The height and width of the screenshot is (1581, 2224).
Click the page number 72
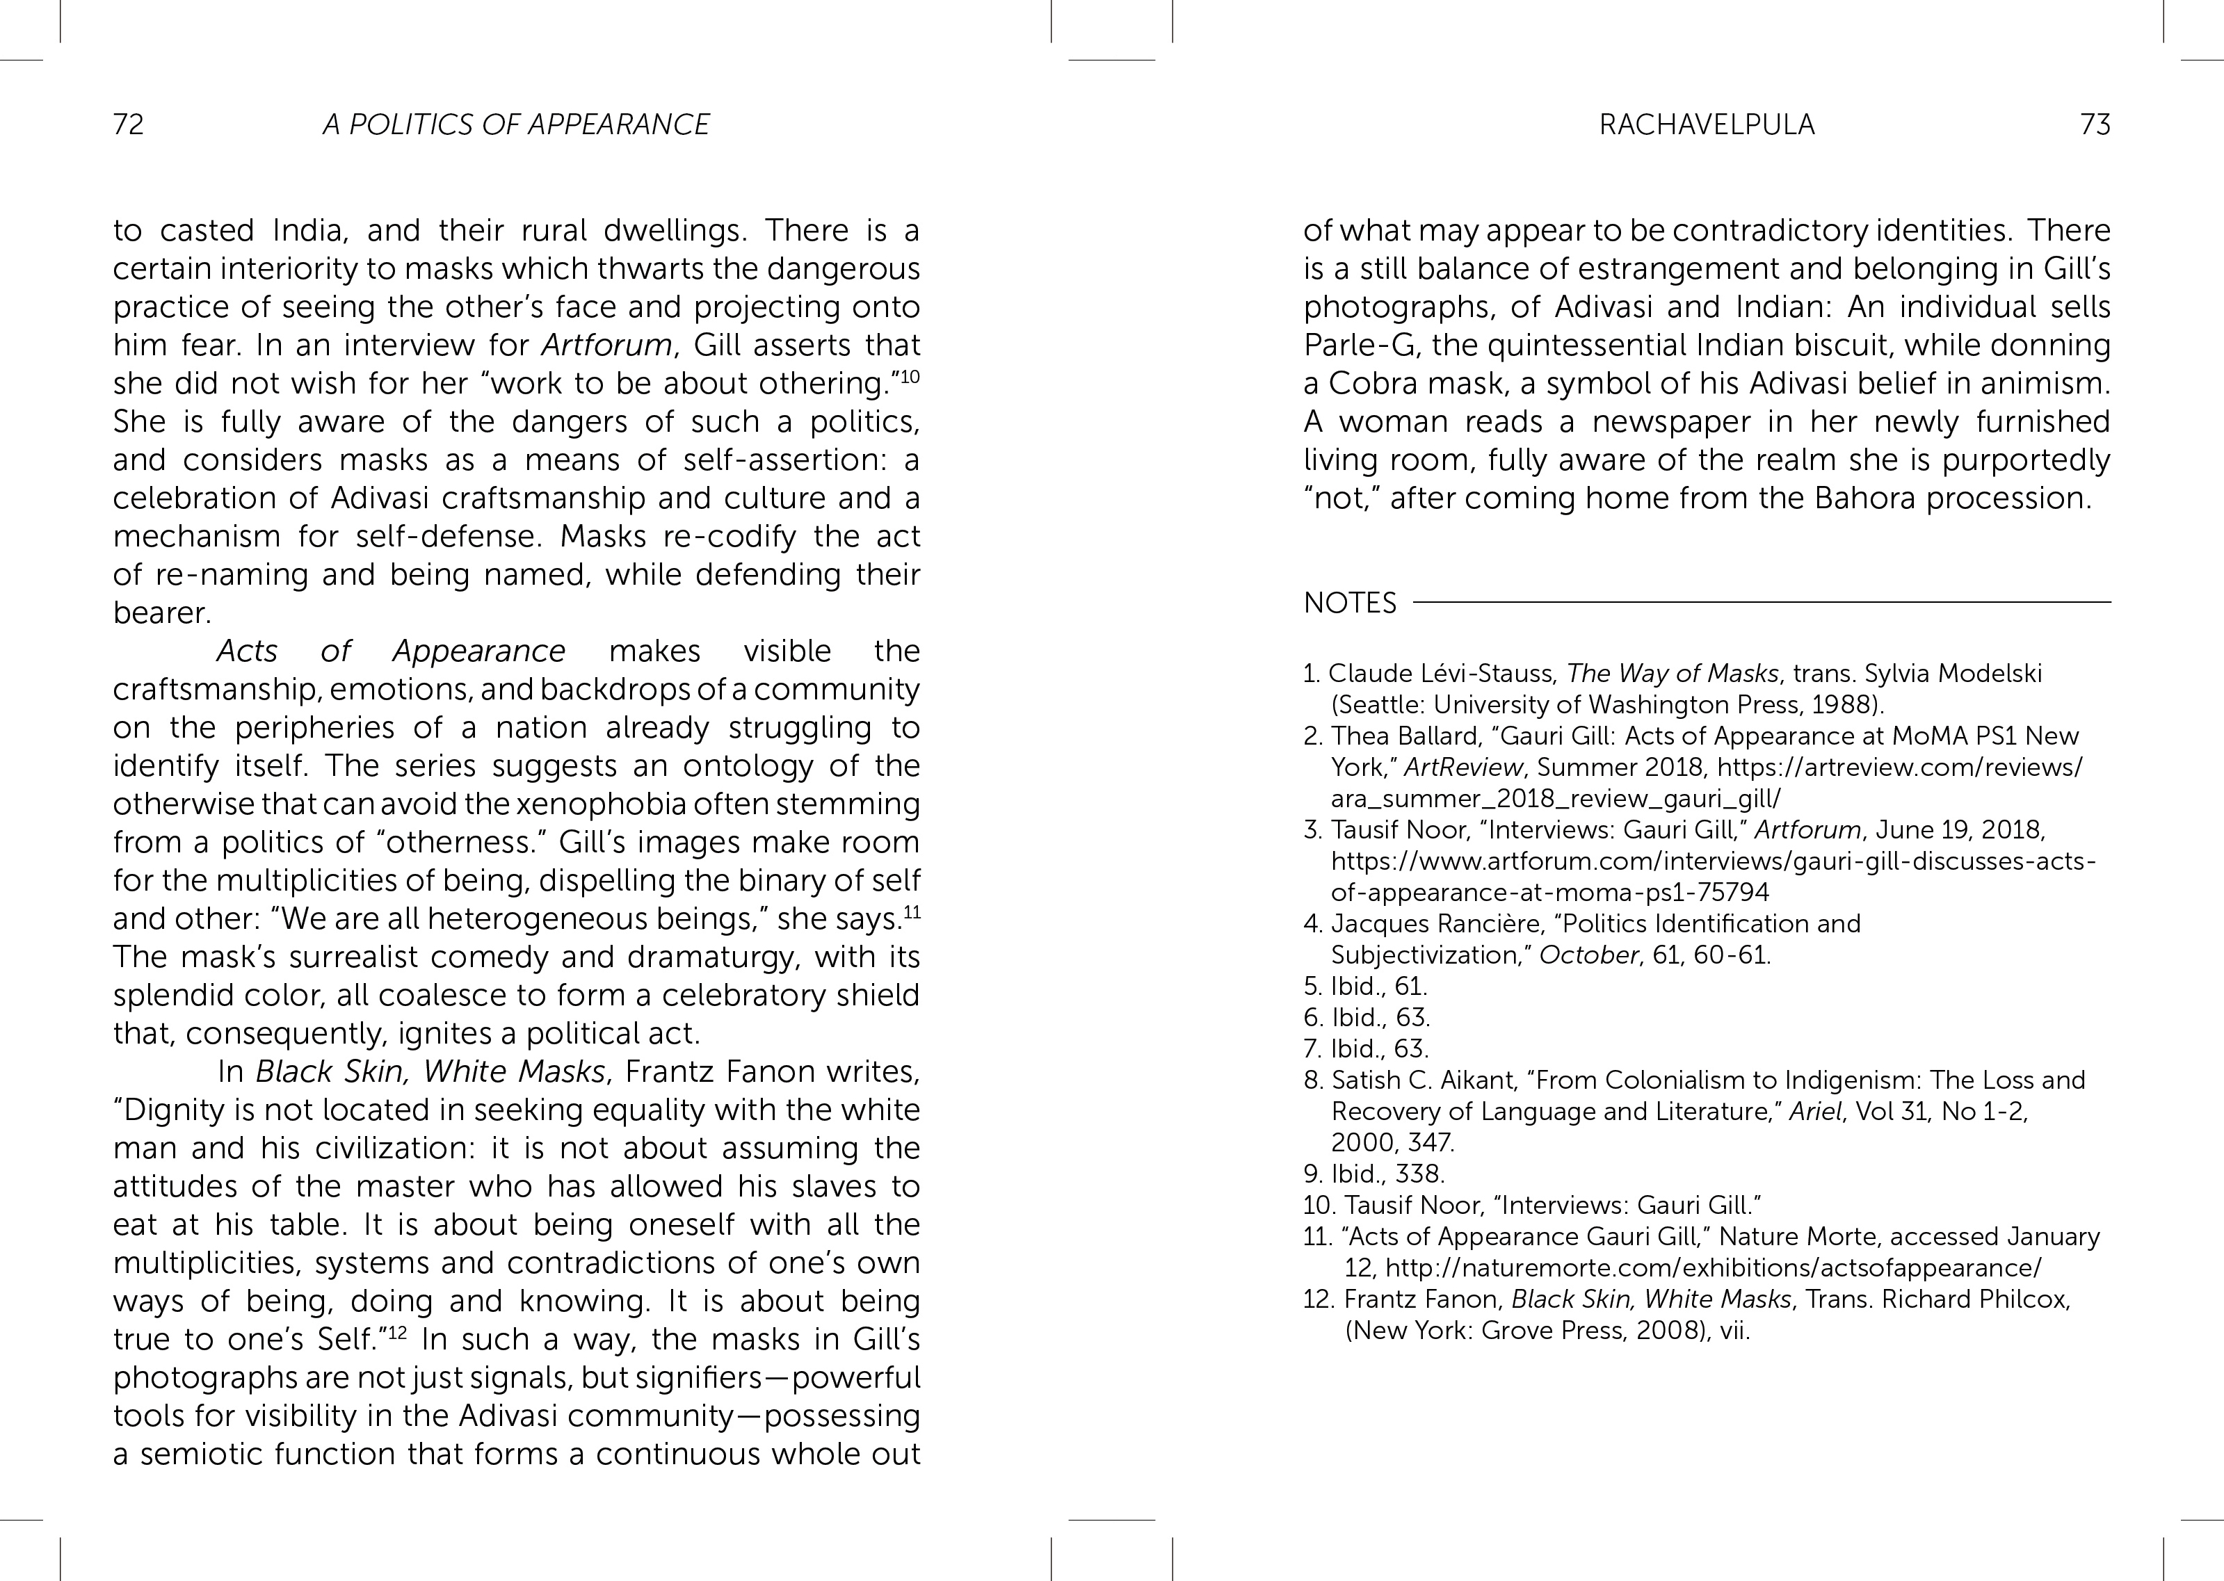point(129,124)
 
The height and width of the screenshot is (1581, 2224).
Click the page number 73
point(2095,124)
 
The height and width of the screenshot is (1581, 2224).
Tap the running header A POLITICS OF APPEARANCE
point(516,124)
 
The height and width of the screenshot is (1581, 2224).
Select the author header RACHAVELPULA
point(1706,124)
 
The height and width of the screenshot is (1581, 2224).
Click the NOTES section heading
point(1350,603)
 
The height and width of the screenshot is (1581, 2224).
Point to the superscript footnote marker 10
point(910,375)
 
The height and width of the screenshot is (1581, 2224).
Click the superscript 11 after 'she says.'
point(912,912)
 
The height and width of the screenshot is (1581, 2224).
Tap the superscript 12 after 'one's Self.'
point(397,1333)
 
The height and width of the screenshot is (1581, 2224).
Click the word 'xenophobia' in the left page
point(592,804)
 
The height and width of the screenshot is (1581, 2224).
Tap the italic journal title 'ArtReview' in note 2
point(1460,767)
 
